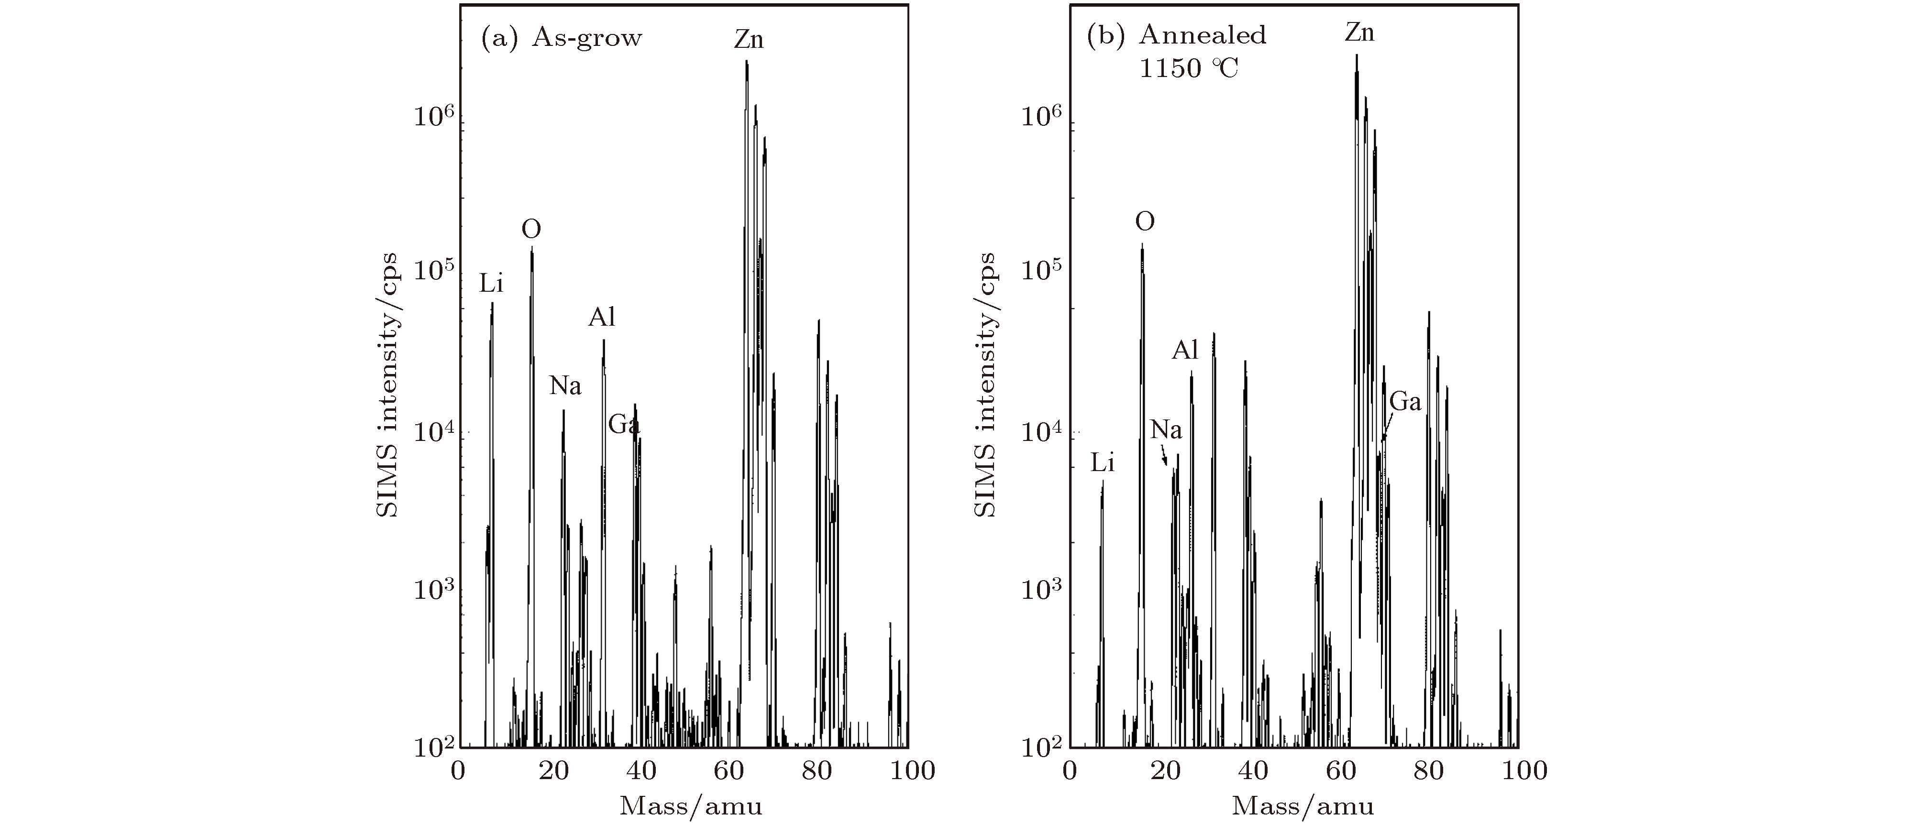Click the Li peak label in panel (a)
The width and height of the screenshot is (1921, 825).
click(x=491, y=284)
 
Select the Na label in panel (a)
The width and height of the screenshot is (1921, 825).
click(x=565, y=386)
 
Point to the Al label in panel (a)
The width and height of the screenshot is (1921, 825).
click(x=602, y=318)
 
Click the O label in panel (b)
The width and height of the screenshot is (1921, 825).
click(x=1145, y=221)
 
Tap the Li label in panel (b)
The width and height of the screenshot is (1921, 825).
click(x=1102, y=463)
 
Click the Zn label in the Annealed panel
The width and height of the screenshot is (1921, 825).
click(x=1359, y=33)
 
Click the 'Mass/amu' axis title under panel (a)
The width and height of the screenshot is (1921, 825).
click(x=691, y=805)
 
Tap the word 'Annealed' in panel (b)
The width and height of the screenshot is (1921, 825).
click(x=1202, y=35)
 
